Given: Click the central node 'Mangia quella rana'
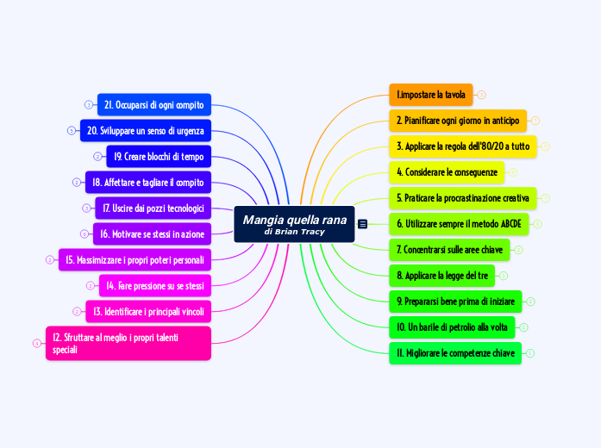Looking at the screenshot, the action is pos(294,224).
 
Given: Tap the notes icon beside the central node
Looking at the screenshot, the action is pos(362,224).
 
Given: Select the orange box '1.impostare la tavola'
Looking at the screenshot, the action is pos(431,95).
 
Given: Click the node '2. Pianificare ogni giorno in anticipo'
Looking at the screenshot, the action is pos(458,121).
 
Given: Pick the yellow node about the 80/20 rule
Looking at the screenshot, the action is pos(463,146).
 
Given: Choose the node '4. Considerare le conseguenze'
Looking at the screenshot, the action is pos(447,172).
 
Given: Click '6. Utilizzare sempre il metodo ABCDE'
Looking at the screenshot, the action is pos(460,224).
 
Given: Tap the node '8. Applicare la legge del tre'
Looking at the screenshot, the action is pos(442,276).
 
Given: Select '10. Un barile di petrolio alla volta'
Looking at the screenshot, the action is pos(453,327).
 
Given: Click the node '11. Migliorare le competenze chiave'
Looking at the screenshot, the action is pos(455,353).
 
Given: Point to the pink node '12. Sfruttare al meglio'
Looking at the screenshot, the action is pos(128,343).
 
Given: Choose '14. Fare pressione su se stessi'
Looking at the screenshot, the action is pos(155,286).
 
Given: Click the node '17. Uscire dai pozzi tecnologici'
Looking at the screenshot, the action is pos(153,208).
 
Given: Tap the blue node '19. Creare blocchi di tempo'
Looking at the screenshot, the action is pos(159,156).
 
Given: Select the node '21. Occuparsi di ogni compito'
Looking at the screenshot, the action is pos(154,104).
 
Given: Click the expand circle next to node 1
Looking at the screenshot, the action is pos(481,95).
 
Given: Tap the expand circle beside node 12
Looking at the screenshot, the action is pos(37,344).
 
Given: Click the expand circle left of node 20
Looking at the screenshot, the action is pos(72,131).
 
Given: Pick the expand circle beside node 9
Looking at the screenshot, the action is pos(530,302).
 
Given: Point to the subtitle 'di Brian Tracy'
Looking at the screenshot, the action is pos(294,232).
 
